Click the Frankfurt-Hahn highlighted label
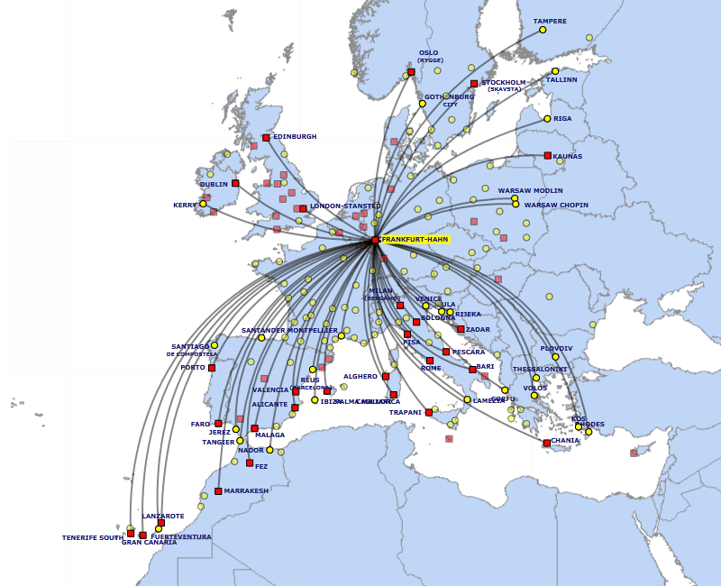tap(415, 240)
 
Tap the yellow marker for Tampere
tap(543, 30)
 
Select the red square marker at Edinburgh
tap(266, 138)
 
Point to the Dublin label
tap(214, 185)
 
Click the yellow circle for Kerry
tap(203, 204)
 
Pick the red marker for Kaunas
tap(548, 155)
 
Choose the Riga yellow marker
tap(547, 118)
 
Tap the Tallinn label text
tap(561, 79)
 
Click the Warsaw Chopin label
tap(556, 205)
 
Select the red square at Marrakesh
tap(218, 491)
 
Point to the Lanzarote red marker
tap(161, 523)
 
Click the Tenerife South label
tap(92, 537)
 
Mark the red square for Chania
tap(547, 443)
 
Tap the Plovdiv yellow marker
tap(555, 357)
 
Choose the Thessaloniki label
tap(540, 369)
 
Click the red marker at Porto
tap(212, 368)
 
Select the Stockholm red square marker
tap(474, 84)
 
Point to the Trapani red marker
tap(429, 412)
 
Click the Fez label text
tap(261, 466)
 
